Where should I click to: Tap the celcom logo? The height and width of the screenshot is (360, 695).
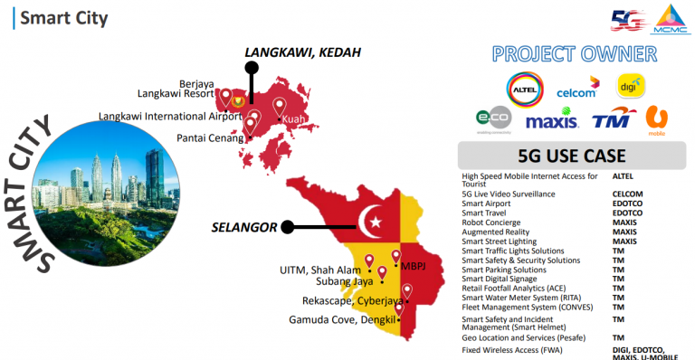pyautogui.click(x=576, y=88)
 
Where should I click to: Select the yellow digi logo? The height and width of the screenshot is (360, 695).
pyautogui.click(x=631, y=86)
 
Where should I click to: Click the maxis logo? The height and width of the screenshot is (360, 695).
pyautogui.click(x=551, y=120)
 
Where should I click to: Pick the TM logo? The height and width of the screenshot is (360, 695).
pyautogui.click(x=611, y=120)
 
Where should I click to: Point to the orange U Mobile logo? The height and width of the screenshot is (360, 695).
pyautogui.click(x=656, y=119)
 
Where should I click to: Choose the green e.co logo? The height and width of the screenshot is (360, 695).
pyautogui.click(x=493, y=119)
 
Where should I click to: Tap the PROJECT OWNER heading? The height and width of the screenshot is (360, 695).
pyautogui.click(x=575, y=53)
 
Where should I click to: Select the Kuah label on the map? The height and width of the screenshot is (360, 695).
pyautogui.click(x=292, y=119)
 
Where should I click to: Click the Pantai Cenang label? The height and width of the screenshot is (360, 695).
pyautogui.click(x=210, y=137)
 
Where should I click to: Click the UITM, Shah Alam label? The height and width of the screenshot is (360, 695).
pyautogui.click(x=319, y=269)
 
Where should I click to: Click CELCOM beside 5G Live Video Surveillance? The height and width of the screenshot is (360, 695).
pyautogui.click(x=628, y=194)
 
